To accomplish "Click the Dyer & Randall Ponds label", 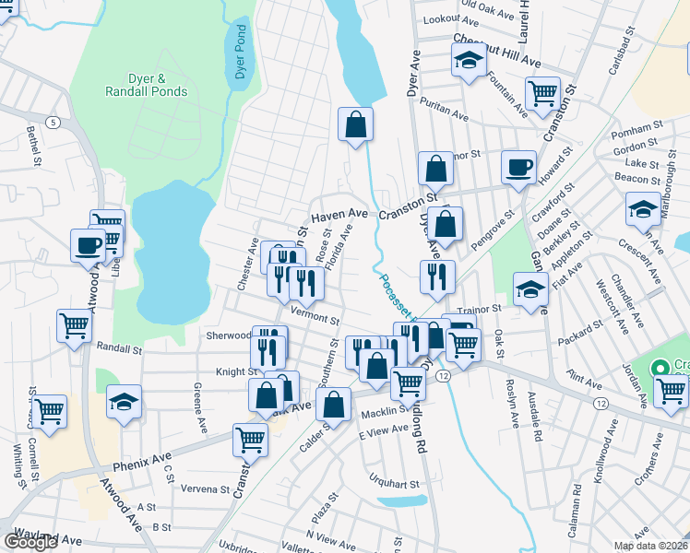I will click(147, 86).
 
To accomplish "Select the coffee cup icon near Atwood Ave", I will click(89, 245).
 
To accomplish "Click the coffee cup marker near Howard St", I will click(518, 167).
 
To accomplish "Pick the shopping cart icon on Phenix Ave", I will click(250, 440).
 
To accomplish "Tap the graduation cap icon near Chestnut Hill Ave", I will click(469, 62).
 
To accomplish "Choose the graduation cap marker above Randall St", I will click(124, 401).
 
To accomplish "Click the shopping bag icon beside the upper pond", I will click(355, 124).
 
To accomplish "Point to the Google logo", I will click(30, 542).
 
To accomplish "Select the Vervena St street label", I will click(205, 488).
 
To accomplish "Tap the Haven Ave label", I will click(339, 215).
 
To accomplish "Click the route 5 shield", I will click(54, 123).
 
